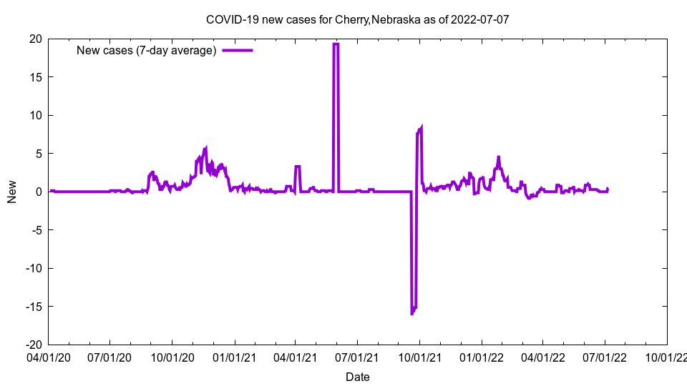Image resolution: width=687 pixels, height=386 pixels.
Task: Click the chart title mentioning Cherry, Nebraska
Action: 358,19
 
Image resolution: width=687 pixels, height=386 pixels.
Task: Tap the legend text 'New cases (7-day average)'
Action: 146,50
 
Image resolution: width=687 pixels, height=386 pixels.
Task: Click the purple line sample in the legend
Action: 238,50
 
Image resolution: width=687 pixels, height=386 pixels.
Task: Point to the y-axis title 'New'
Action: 12,192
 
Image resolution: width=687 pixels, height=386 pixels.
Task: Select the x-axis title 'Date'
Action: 358,377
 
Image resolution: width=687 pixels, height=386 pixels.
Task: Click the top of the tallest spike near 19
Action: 336,44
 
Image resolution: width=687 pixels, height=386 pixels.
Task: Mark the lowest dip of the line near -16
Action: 412,313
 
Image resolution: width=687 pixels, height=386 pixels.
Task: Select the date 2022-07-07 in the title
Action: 479,19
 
